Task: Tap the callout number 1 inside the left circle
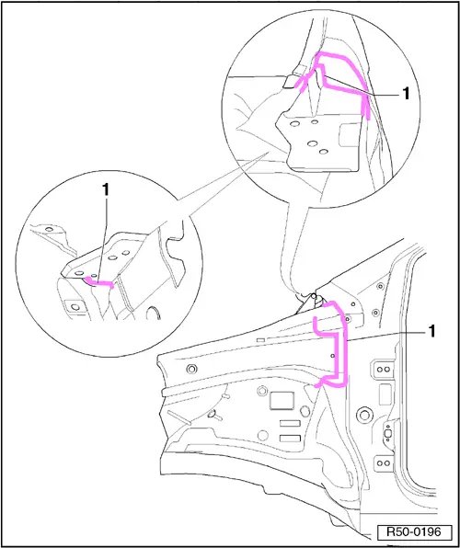105,189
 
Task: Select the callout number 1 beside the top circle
406,94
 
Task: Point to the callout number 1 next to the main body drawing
432,331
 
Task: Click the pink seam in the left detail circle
99,283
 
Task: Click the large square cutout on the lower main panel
282,401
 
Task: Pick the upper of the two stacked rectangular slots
290,423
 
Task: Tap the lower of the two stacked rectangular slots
290,439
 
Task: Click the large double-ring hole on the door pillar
365,415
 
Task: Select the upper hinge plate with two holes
384,370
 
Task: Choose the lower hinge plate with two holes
384,463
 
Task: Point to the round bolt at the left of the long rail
191,368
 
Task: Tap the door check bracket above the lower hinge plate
387,434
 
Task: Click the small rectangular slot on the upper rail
260,339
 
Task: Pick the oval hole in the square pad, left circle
75,307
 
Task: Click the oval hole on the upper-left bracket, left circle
50,229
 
